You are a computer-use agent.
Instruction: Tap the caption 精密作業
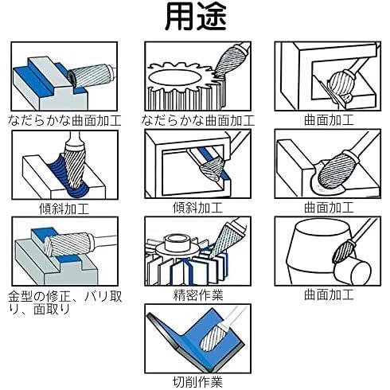coord(198,294)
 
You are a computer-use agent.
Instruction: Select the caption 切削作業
coord(198,382)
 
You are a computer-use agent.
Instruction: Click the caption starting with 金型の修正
coord(65,302)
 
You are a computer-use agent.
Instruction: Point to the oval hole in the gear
coord(174,79)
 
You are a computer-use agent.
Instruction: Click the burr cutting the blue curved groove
coord(75,166)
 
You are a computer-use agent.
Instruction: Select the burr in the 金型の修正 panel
coord(68,244)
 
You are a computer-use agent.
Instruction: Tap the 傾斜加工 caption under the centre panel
coord(198,208)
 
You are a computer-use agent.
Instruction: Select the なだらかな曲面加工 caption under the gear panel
coord(198,120)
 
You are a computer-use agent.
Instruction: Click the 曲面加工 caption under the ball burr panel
coord(329,120)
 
